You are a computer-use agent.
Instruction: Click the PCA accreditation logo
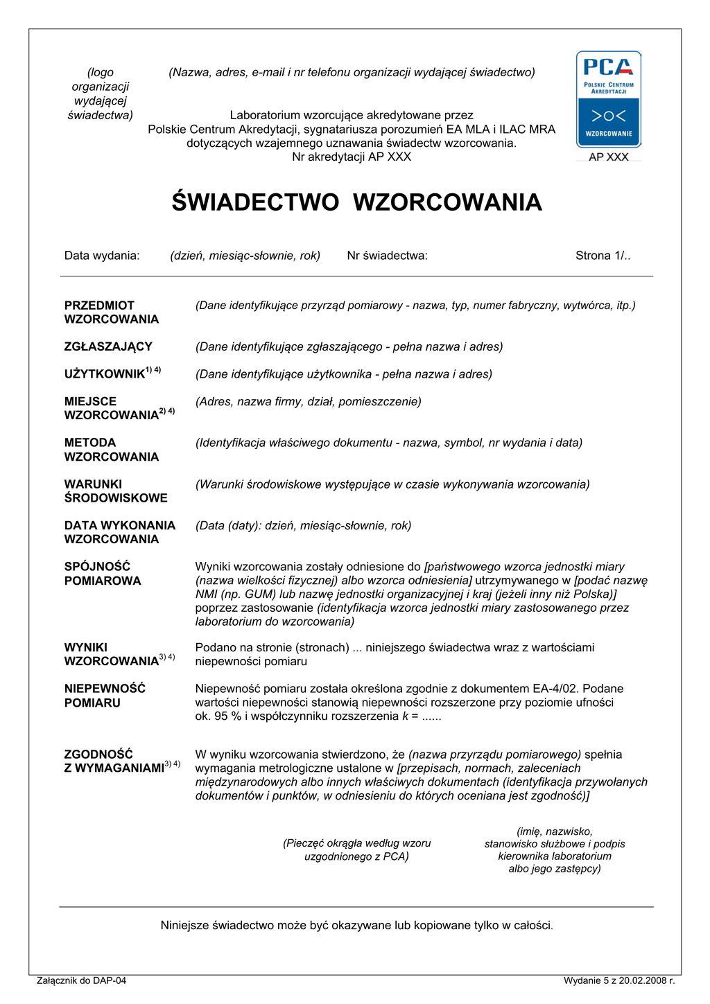pos(608,99)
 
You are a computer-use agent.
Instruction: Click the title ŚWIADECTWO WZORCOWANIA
pos(356,202)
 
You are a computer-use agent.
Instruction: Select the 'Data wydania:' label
pos(102,256)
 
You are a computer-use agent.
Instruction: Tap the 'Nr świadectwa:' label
pos(387,256)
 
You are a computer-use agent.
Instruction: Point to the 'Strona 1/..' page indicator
pos(603,256)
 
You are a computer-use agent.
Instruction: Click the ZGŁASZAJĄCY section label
pos(108,346)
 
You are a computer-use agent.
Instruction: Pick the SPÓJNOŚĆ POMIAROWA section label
pos(103,574)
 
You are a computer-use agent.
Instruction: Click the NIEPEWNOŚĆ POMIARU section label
pos(105,696)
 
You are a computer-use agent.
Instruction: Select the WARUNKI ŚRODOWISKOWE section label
pos(116,491)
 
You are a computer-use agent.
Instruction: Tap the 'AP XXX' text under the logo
pos(608,157)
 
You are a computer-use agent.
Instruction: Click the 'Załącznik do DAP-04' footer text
pos(81,980)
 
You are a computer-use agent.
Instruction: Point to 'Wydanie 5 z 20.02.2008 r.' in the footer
pos(618,980)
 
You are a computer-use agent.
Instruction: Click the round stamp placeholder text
pos(356,850)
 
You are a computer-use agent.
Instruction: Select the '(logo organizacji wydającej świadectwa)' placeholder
pos(101,94)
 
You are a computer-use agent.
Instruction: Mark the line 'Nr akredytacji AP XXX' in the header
pos(352,157)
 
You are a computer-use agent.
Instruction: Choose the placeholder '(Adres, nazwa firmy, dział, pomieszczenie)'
pos(309,402)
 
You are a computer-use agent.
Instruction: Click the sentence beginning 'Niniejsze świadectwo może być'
pos(356,926)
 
